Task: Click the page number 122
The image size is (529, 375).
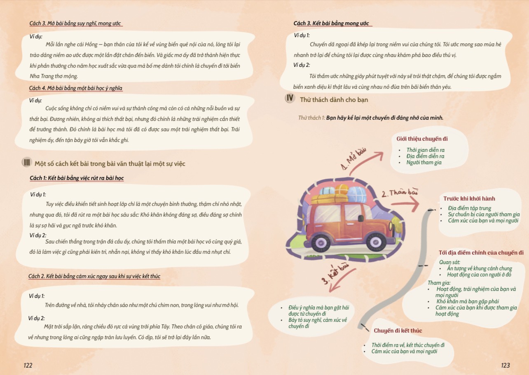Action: [x=28, y=366]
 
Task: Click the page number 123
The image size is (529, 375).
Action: [x=506, y=366]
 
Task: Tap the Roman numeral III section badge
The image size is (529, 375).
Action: [x=27, y=163]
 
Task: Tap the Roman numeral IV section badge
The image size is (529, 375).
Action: [x=290, y=98]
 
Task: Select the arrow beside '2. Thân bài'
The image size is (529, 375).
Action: [x=405, y=204]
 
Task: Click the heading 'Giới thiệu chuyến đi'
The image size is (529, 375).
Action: [x=422, y=139]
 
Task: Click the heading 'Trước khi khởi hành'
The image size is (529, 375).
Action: [x=469, y=198]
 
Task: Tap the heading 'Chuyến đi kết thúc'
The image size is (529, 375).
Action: [x=398, y=330]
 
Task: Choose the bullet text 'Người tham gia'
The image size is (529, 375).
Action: [x=424, y=163]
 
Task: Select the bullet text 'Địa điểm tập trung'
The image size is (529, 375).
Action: [x=470, y=208]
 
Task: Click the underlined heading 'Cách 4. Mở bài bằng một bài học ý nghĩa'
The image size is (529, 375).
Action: [x=75, y=88]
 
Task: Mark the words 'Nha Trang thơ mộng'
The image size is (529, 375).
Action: [x=54, y=76]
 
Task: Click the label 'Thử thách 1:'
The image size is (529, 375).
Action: [x=312, y=118]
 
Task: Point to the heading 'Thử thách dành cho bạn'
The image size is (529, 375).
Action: [x=334, y=100]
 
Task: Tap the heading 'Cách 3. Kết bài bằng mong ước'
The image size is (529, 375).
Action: [x=331, y=23]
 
